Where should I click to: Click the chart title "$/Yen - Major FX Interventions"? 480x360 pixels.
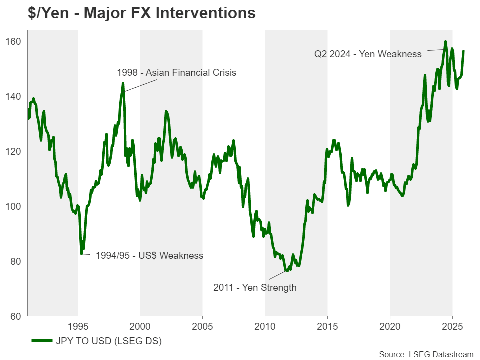point(142,13)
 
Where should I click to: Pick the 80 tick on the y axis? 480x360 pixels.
point(17,261)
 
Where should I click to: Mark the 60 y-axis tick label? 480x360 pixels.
point(17,316)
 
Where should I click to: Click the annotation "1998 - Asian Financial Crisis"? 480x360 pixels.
point(176,73)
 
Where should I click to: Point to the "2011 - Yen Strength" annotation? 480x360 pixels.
point(255,287)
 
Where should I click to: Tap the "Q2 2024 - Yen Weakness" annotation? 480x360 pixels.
point(368,54)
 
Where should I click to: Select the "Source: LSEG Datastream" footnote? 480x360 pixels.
point(426,354)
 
